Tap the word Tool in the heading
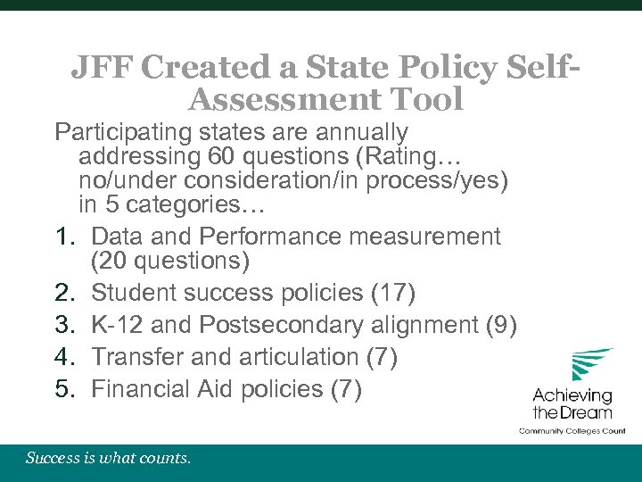(x=421, y=99)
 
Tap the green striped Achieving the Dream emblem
(x=590, y=365)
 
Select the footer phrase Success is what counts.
(x=108, y=459)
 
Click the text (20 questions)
(x=170, y=261)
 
